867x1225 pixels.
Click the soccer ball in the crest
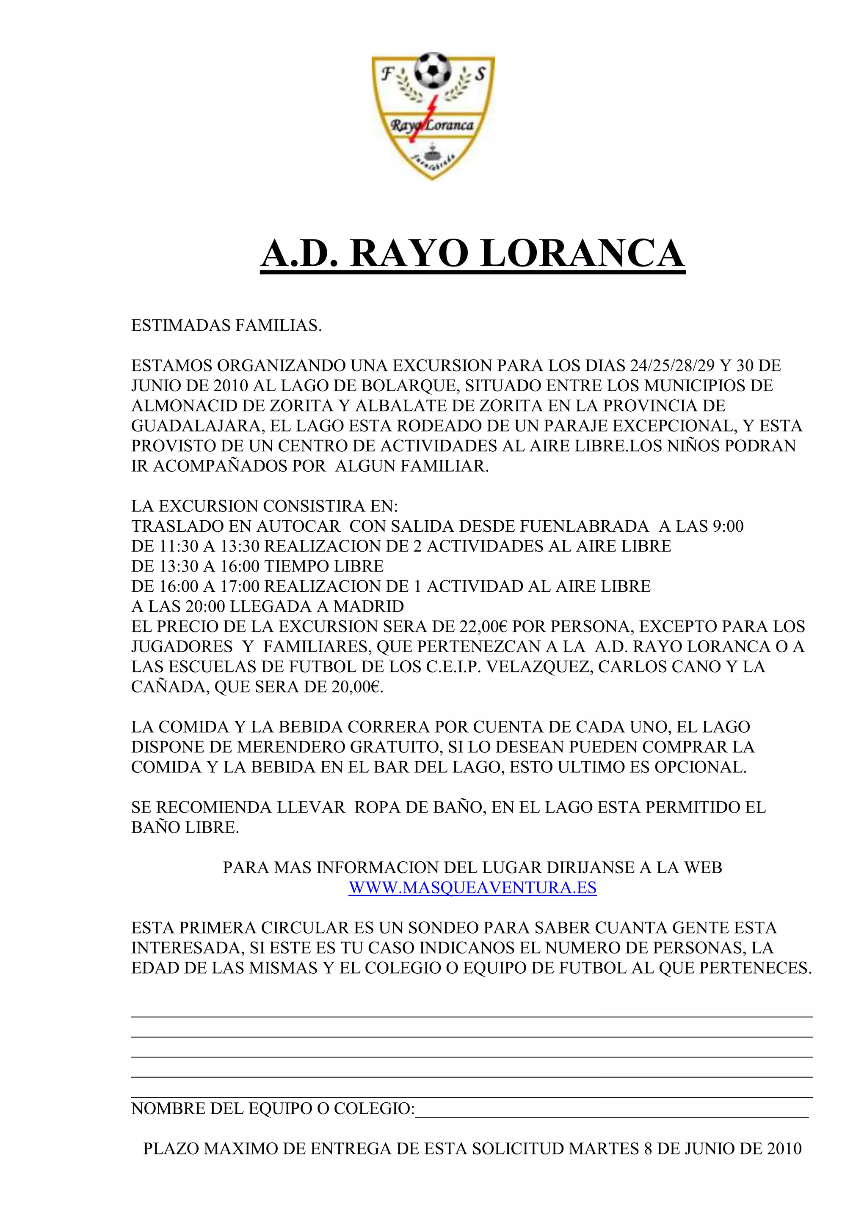433,70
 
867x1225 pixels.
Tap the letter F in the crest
386,74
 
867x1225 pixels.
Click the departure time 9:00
728,526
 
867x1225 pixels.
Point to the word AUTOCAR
298,526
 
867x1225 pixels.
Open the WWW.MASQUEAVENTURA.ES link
472,888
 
